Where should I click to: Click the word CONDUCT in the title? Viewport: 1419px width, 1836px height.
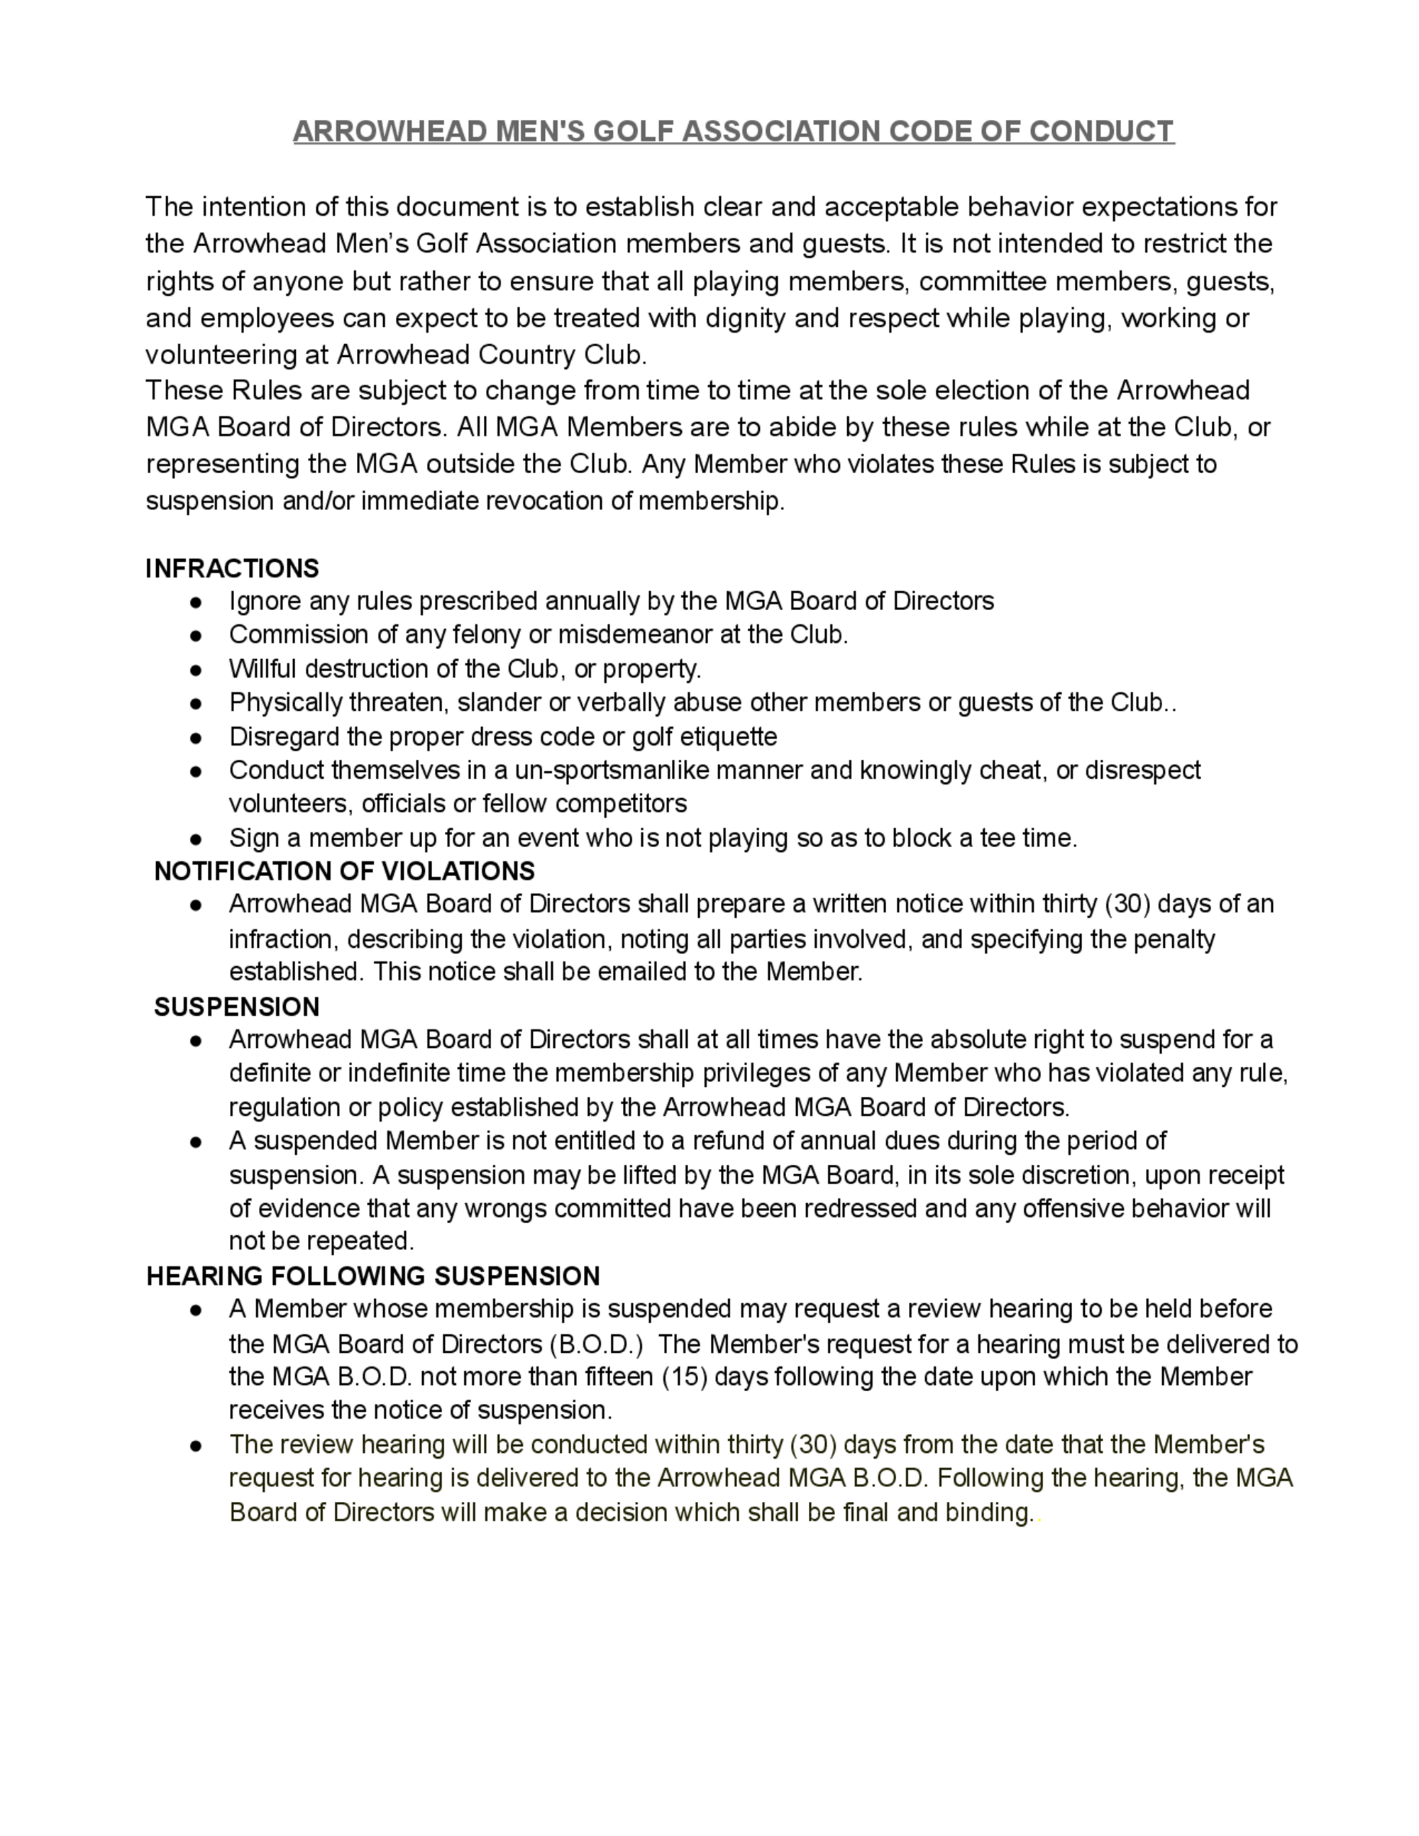point(1101,131)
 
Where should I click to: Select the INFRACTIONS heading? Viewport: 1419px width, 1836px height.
point(232,569)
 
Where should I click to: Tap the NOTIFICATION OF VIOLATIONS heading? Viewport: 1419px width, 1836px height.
point(345,871)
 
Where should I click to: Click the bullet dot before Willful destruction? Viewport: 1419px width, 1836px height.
point(196,670)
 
